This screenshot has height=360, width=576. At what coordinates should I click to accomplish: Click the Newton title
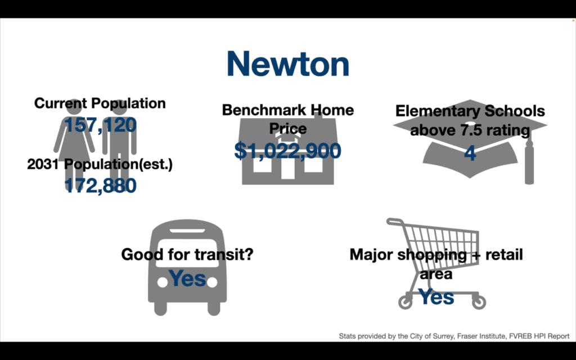click(287, 64)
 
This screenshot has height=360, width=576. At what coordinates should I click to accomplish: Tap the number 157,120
click(100, 125)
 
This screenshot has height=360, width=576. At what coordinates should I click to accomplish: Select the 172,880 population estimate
click(100, 186)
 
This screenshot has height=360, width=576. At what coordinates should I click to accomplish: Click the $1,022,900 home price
click(287, 151)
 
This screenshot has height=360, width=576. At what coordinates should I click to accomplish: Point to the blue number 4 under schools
click(470, 153)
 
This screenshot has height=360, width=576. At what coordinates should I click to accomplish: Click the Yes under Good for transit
click(187, 278)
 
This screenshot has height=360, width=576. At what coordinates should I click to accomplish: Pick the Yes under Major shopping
click(436, 296)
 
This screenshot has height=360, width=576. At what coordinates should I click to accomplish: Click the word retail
click(504, 254)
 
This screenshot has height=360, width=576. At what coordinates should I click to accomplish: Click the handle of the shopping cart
click(394, 222)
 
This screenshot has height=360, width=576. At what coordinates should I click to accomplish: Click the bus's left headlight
click(163, 282)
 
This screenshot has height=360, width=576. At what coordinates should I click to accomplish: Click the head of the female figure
click(74, 106)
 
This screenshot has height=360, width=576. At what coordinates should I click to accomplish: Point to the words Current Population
click(100, 103)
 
